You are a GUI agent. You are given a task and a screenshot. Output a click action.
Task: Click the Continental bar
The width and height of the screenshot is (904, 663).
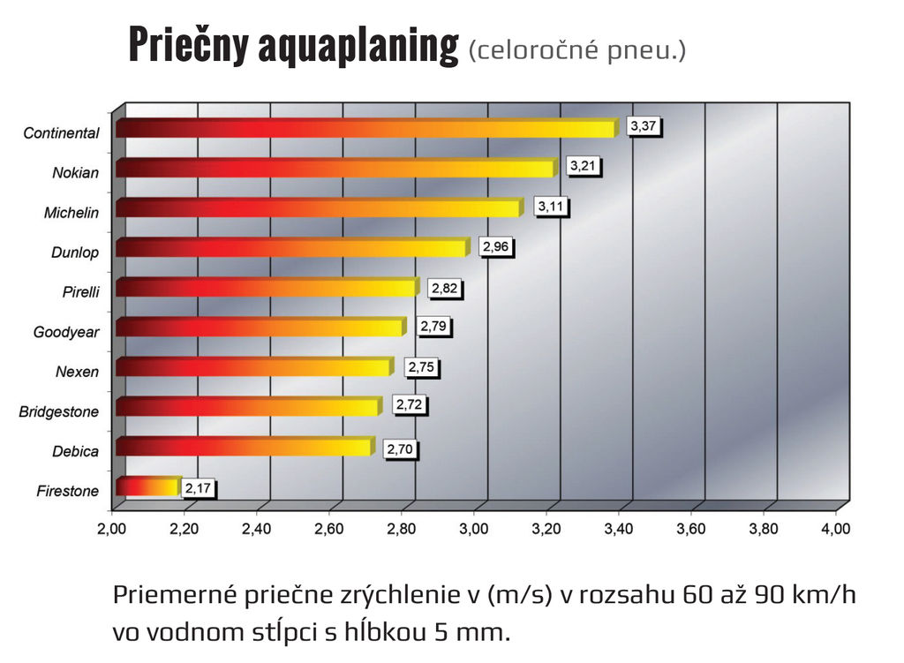tap(365, 129)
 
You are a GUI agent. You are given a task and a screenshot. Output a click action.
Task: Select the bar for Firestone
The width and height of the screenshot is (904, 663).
tap(148, 486)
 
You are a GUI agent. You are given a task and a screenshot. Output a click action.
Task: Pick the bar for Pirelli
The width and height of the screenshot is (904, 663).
tap(267, 288)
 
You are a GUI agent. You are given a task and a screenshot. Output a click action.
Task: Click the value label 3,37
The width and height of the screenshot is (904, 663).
tap(644, 127)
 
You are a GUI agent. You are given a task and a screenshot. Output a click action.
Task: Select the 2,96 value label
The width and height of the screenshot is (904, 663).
tap(496, 247)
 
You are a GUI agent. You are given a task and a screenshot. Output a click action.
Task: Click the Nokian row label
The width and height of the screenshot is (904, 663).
tap(75, 173)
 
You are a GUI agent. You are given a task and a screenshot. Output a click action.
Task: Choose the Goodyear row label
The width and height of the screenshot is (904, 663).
tap(66, 332)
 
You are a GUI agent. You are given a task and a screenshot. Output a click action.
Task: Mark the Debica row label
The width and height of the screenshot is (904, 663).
tap(75, 451)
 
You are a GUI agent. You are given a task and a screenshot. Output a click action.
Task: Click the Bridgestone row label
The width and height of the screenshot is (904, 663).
tap(59, 411)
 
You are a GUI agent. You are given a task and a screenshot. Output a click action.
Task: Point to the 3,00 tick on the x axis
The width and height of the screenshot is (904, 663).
tap(474, 530)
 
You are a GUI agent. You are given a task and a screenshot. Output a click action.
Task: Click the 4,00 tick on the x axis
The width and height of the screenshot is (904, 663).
tap(835, 530)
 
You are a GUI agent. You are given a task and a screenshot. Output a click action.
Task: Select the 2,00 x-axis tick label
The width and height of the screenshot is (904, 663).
tap(112, 530)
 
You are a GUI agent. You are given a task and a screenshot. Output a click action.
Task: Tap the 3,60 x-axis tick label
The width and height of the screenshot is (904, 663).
tap(690, 530)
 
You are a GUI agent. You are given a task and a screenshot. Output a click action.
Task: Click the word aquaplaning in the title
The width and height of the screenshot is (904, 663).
tap(358, 46)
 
